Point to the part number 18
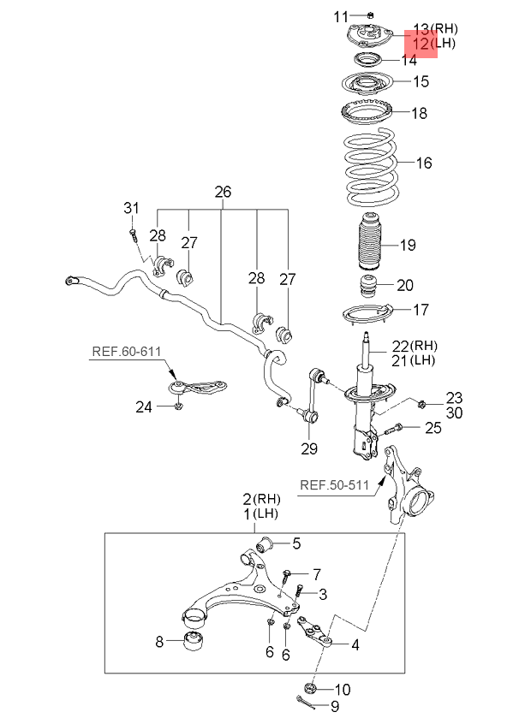tap(418, 113)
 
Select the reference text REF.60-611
tap(127, 350)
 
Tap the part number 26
tap(223, 192)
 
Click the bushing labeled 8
tap(196, 641)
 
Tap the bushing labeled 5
tap(268, 543)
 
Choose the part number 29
tap(308, 448)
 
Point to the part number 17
tap(420, 310)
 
